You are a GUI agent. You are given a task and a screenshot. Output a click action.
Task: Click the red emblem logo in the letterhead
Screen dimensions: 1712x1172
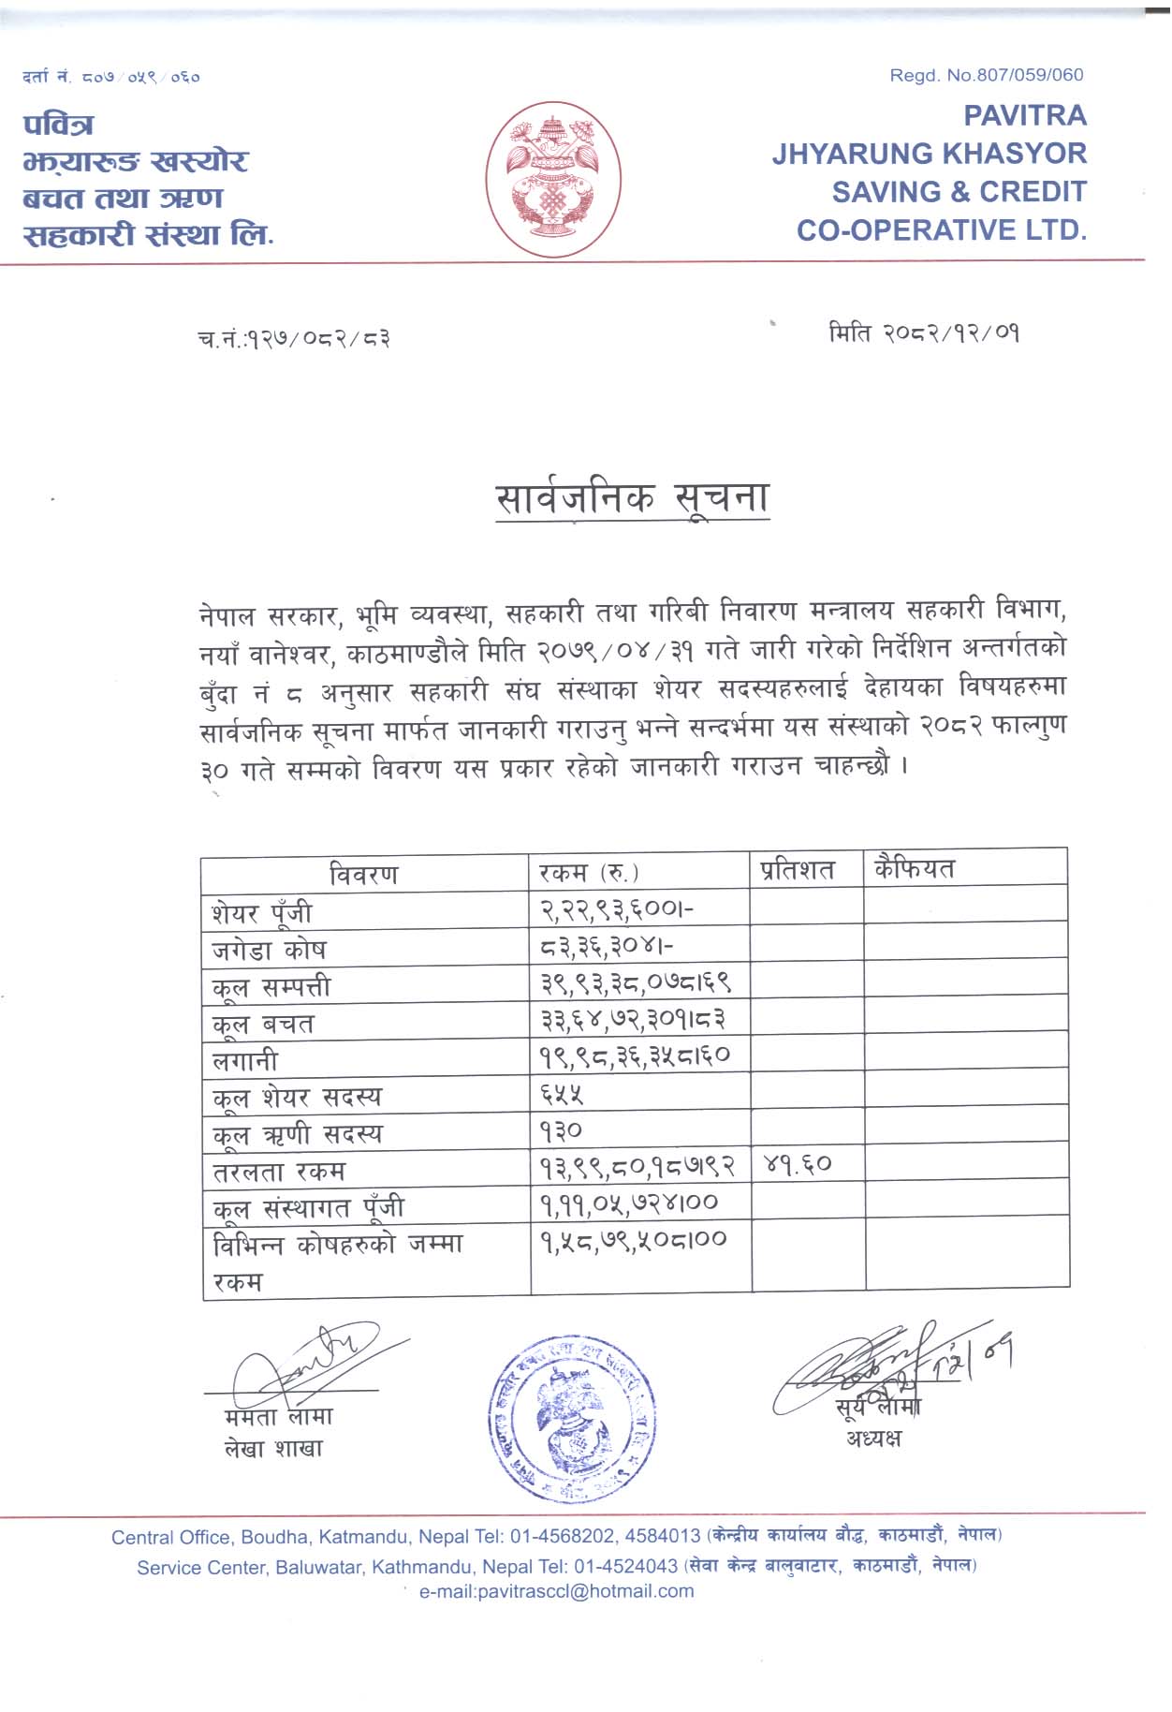click(553, 179)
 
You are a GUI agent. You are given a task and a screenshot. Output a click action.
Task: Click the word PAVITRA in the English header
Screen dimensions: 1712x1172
click(1025, 115)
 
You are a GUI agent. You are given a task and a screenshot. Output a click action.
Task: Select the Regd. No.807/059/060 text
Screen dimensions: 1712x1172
click(986, 75)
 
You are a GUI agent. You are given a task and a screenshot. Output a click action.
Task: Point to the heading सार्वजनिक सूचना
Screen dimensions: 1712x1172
click(632, 498)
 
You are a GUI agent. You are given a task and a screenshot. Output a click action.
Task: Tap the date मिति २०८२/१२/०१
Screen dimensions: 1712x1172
click(923, 333)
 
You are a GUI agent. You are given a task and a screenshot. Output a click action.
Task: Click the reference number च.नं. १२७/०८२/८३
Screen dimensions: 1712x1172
click(294, 337)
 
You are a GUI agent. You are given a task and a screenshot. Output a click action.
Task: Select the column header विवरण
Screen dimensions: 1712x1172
click(363, 875)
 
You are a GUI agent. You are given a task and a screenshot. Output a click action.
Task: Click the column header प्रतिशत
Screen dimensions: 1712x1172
click(797, 870)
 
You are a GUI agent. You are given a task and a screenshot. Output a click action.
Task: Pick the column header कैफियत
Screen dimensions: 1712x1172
click(914, 869)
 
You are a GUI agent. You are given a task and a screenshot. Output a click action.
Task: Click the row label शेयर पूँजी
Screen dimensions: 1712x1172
click(262, 912)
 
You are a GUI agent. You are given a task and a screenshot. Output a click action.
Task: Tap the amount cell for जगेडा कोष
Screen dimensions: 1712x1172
click(606, 948)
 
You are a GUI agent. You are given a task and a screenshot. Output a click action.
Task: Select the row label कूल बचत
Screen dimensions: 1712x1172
click(263, 1024)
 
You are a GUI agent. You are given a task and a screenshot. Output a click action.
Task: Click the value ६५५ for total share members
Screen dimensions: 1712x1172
click(562, 1093)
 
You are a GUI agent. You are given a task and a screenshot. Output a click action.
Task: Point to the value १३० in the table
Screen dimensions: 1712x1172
click(561, 1130)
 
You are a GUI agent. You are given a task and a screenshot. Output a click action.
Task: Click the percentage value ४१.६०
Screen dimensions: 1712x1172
click(798, 1165)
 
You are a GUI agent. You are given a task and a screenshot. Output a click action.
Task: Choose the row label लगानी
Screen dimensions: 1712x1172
click(245, 1060)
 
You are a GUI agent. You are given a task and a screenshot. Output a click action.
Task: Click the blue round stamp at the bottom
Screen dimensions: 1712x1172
click(571, 1416)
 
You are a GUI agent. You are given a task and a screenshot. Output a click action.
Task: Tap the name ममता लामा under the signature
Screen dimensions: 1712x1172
click(278, 1417)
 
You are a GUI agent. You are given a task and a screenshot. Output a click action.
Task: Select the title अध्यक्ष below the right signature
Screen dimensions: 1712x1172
click(873, 1439)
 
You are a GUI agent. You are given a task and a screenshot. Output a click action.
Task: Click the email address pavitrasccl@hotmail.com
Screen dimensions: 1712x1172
click(556, 1591)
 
